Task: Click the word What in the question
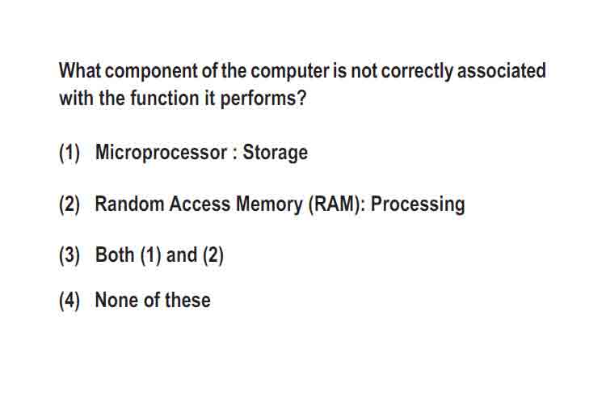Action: tap(80, 70)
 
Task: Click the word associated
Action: tap(501, 70)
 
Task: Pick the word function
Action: tap(164, 98)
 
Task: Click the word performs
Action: tap(259, 99)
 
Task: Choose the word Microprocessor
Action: tap(161, 153)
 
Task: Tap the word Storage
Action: tap(276, 153)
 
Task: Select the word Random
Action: tap(129, 204)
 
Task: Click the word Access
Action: tap(200, 204)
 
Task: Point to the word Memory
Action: tap(269, 205)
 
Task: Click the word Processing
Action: tap(418, 205)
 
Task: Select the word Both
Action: tap(115, 255)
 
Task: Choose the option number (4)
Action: tap(69, 301)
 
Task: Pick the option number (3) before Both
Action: tap(69, 255)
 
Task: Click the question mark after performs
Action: tap(302, 98)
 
